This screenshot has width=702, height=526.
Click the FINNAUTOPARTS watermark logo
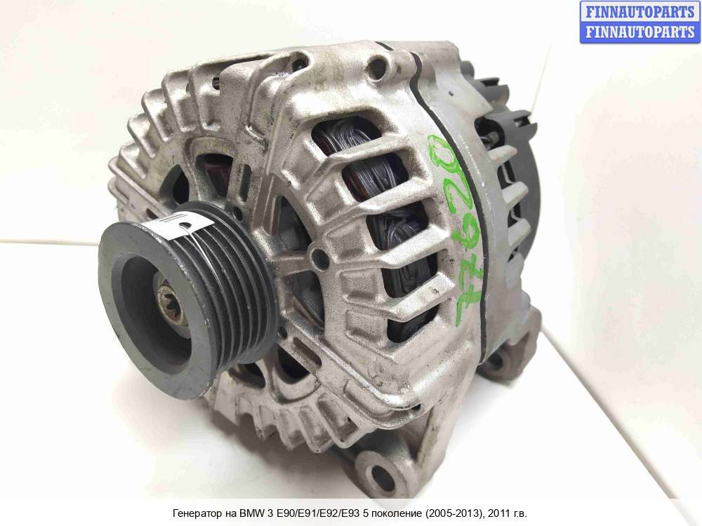(x=640, y=22)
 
